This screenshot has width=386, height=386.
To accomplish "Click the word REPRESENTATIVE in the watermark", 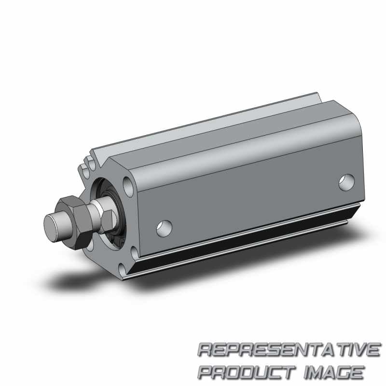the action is click(289, 349).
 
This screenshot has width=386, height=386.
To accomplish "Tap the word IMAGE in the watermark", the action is click(334, 372).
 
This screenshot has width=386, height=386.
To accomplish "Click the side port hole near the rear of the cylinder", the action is click(346, 182).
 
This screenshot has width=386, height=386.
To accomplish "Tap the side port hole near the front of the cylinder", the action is click(164, 228).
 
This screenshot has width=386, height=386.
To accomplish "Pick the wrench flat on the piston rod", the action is click(108, 221).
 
